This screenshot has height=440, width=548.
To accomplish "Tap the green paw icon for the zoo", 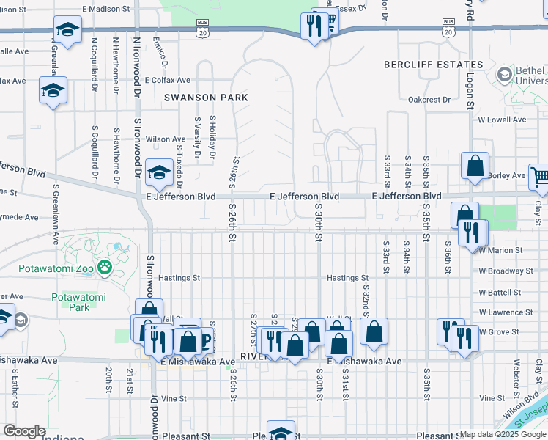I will coord(106,268).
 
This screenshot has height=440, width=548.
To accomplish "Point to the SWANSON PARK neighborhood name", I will coord(206,98).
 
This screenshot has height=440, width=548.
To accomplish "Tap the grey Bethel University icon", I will coord(504,75).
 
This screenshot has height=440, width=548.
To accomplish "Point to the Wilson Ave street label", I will coord(166,139).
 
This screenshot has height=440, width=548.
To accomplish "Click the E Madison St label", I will coord(110,9).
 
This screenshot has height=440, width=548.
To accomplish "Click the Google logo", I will coord(24,431).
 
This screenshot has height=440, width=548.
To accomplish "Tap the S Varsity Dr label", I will coord(196,137).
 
